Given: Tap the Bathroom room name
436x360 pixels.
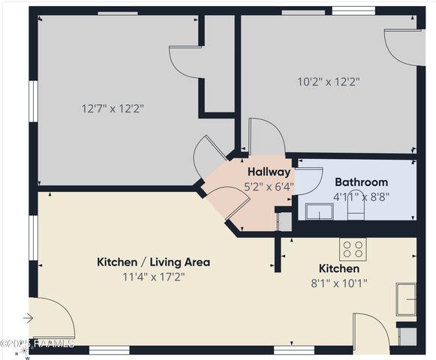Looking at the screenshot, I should click(x=361, y=181).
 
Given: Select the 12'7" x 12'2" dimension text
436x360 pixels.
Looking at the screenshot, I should click(x=113, y=108).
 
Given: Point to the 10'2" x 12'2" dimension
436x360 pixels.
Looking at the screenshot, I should click(x=329, y=81).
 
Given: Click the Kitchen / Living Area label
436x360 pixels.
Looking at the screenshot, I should click(x=153, y=262).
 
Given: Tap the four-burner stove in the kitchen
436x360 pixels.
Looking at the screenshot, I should click(x=353, y=249).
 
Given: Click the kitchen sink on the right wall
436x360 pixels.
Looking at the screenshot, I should click(x=407, y=298).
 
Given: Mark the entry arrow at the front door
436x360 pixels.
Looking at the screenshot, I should click(x=29, y=318).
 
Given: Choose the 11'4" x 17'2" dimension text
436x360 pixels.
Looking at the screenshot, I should click(x=153, y=277).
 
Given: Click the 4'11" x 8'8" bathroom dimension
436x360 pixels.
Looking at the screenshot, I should click(x=361, y=196).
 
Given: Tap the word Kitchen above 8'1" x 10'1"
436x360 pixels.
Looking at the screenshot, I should click(x=339, y=268).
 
